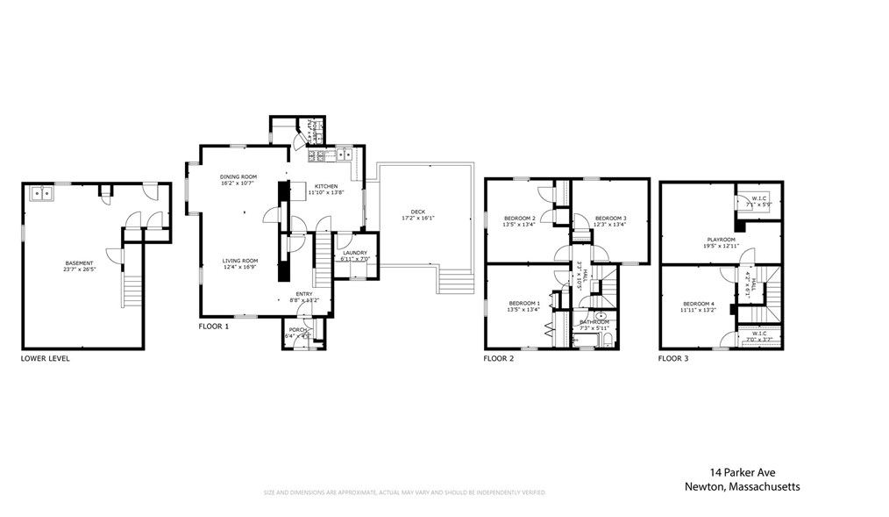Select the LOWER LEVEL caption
point(46,358)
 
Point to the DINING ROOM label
point(237,176)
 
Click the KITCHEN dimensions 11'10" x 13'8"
point(326,192)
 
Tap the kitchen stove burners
point(316,156)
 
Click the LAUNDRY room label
point(354,253)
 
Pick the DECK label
point(418,212)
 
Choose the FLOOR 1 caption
point(213,327)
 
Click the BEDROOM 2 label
point(520,218)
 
